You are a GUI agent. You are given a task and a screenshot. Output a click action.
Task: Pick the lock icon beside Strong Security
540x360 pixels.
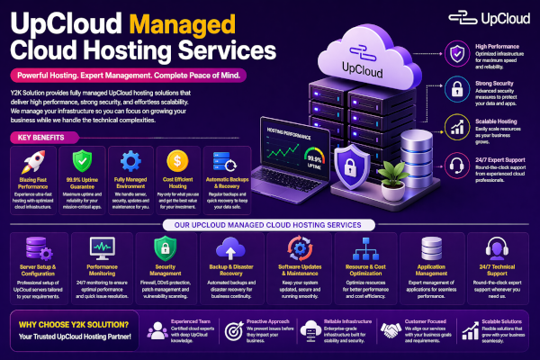pyautogui.click(x=459, y=88)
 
